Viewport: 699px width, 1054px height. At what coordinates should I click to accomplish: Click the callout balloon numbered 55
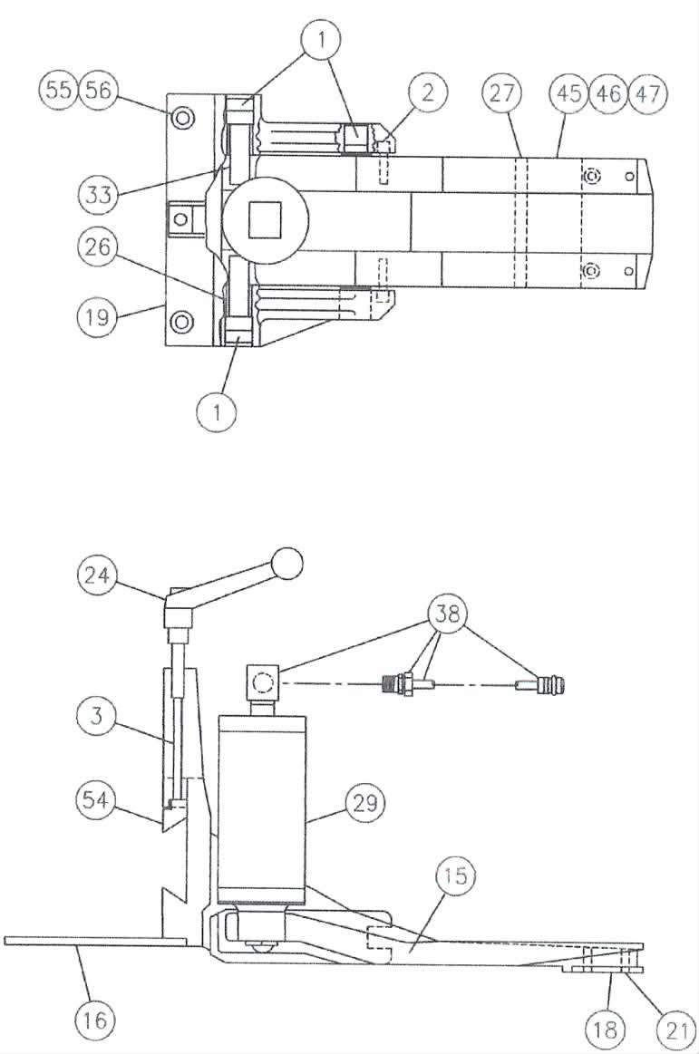click(x=59, y=90)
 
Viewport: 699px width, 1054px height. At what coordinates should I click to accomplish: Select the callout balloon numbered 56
click(x=98, y=90)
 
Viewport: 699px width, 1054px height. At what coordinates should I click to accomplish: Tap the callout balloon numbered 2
click(x=428, y=92)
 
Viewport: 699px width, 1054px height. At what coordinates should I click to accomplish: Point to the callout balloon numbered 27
click(x=502, y=92)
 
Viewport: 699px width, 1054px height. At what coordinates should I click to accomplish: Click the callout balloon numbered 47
click(x=648, y=92)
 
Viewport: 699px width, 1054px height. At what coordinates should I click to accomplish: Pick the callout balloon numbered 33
click(x=98, y=195)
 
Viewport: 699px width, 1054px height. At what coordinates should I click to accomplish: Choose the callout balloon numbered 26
click(x=98, y=247)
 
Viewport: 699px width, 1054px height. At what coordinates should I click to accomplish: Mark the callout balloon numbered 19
click(x=98, y=315)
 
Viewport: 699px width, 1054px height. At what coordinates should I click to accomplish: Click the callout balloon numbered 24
click(x=97, y=575)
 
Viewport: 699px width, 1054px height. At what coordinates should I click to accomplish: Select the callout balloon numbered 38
click(x=447, y=613)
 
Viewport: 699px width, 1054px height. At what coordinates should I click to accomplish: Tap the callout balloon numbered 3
click(x=97, y=715)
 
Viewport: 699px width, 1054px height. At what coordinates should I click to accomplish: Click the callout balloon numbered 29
click(x=365, y=803)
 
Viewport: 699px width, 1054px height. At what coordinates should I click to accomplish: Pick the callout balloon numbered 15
click(x=455, y=875)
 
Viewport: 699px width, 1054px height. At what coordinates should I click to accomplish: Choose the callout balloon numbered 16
click(x=95, y=1019)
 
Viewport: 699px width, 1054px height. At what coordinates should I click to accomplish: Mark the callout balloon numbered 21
click(x=676, y=1029)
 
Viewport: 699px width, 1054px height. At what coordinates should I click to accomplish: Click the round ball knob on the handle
click(x=286, y=564)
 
